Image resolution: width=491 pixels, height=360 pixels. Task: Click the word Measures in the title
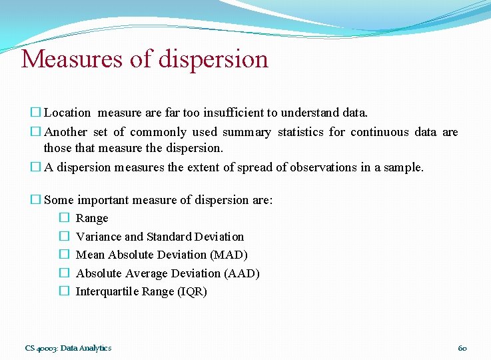[71, 59]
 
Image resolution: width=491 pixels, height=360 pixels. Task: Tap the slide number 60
[462, 348]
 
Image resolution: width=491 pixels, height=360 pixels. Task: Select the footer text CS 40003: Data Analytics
[68, 348]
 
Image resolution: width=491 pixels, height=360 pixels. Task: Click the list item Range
[92, 218]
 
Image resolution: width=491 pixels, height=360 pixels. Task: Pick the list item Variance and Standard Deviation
[160, 237]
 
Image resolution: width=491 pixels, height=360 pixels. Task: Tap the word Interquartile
[107, 291]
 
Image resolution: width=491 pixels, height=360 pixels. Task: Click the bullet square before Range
[64, 218]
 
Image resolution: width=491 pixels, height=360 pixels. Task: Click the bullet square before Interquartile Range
[64, 291]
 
